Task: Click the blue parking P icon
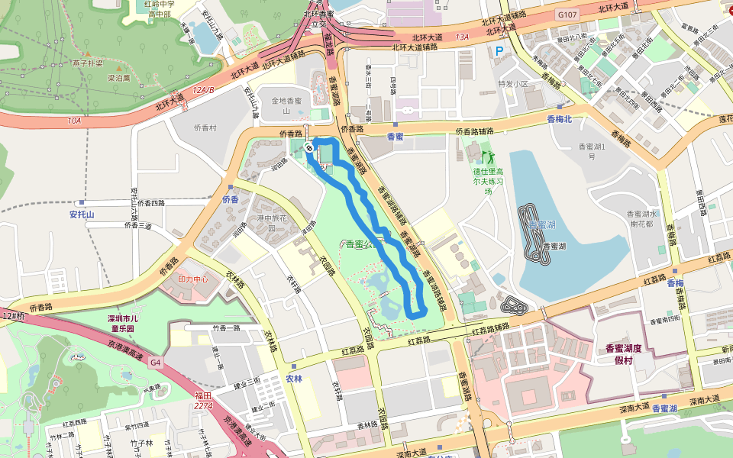[x=500, y=52]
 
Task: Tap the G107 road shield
[x=567, y=15]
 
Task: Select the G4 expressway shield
[x=156, y=362]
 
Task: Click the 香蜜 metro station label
[x=395, y=137]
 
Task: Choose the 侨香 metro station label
[x=231, y=199]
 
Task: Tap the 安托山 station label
[x=82, y=214]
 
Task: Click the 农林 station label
[x=294, y=378]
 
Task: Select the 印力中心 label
[x=193, y=279]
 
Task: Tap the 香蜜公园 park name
[x=361, y=244]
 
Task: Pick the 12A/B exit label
[x=203, y=89]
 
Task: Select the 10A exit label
[x=73, y=120]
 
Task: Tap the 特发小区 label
[x=513, y=84]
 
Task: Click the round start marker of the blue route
[x=309, y=147]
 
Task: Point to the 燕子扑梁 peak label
[x=88, y=63]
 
